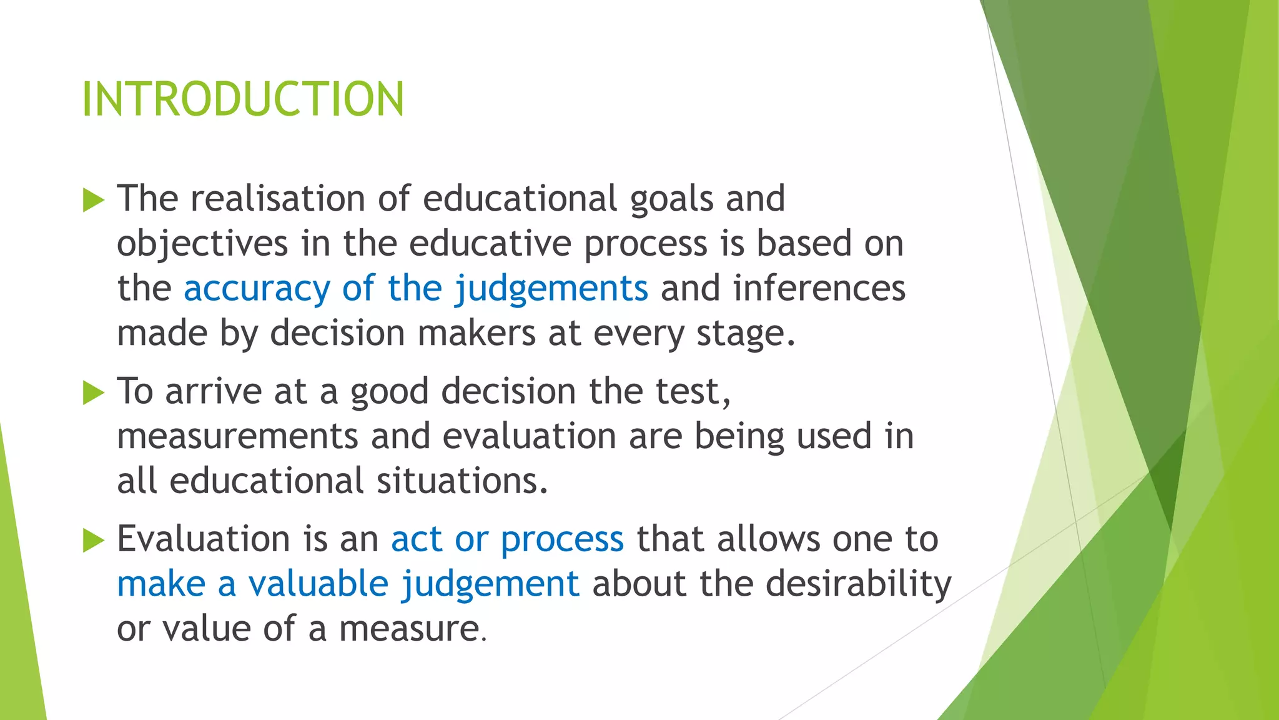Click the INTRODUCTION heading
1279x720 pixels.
(x=243, y=99)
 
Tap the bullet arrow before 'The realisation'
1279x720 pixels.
(x=93, y=201)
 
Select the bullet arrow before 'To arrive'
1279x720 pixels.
(x=93, y=393)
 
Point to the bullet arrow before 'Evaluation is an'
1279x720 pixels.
(x=93, y=541)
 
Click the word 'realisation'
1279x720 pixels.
(x=277, y=199)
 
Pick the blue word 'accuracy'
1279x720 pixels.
(x=256, y=289)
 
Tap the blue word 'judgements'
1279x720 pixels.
(x=551, y=289)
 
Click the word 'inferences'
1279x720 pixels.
(x=819, y=289)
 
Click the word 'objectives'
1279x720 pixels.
(x=202, y=244)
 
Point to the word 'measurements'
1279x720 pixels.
(x=237, y=436)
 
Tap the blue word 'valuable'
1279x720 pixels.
(x=319, y=584)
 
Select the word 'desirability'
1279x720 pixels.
(x=858, y=584)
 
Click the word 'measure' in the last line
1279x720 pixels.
(x=409, y=629)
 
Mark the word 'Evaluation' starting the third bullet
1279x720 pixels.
(x=204, y=539)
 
